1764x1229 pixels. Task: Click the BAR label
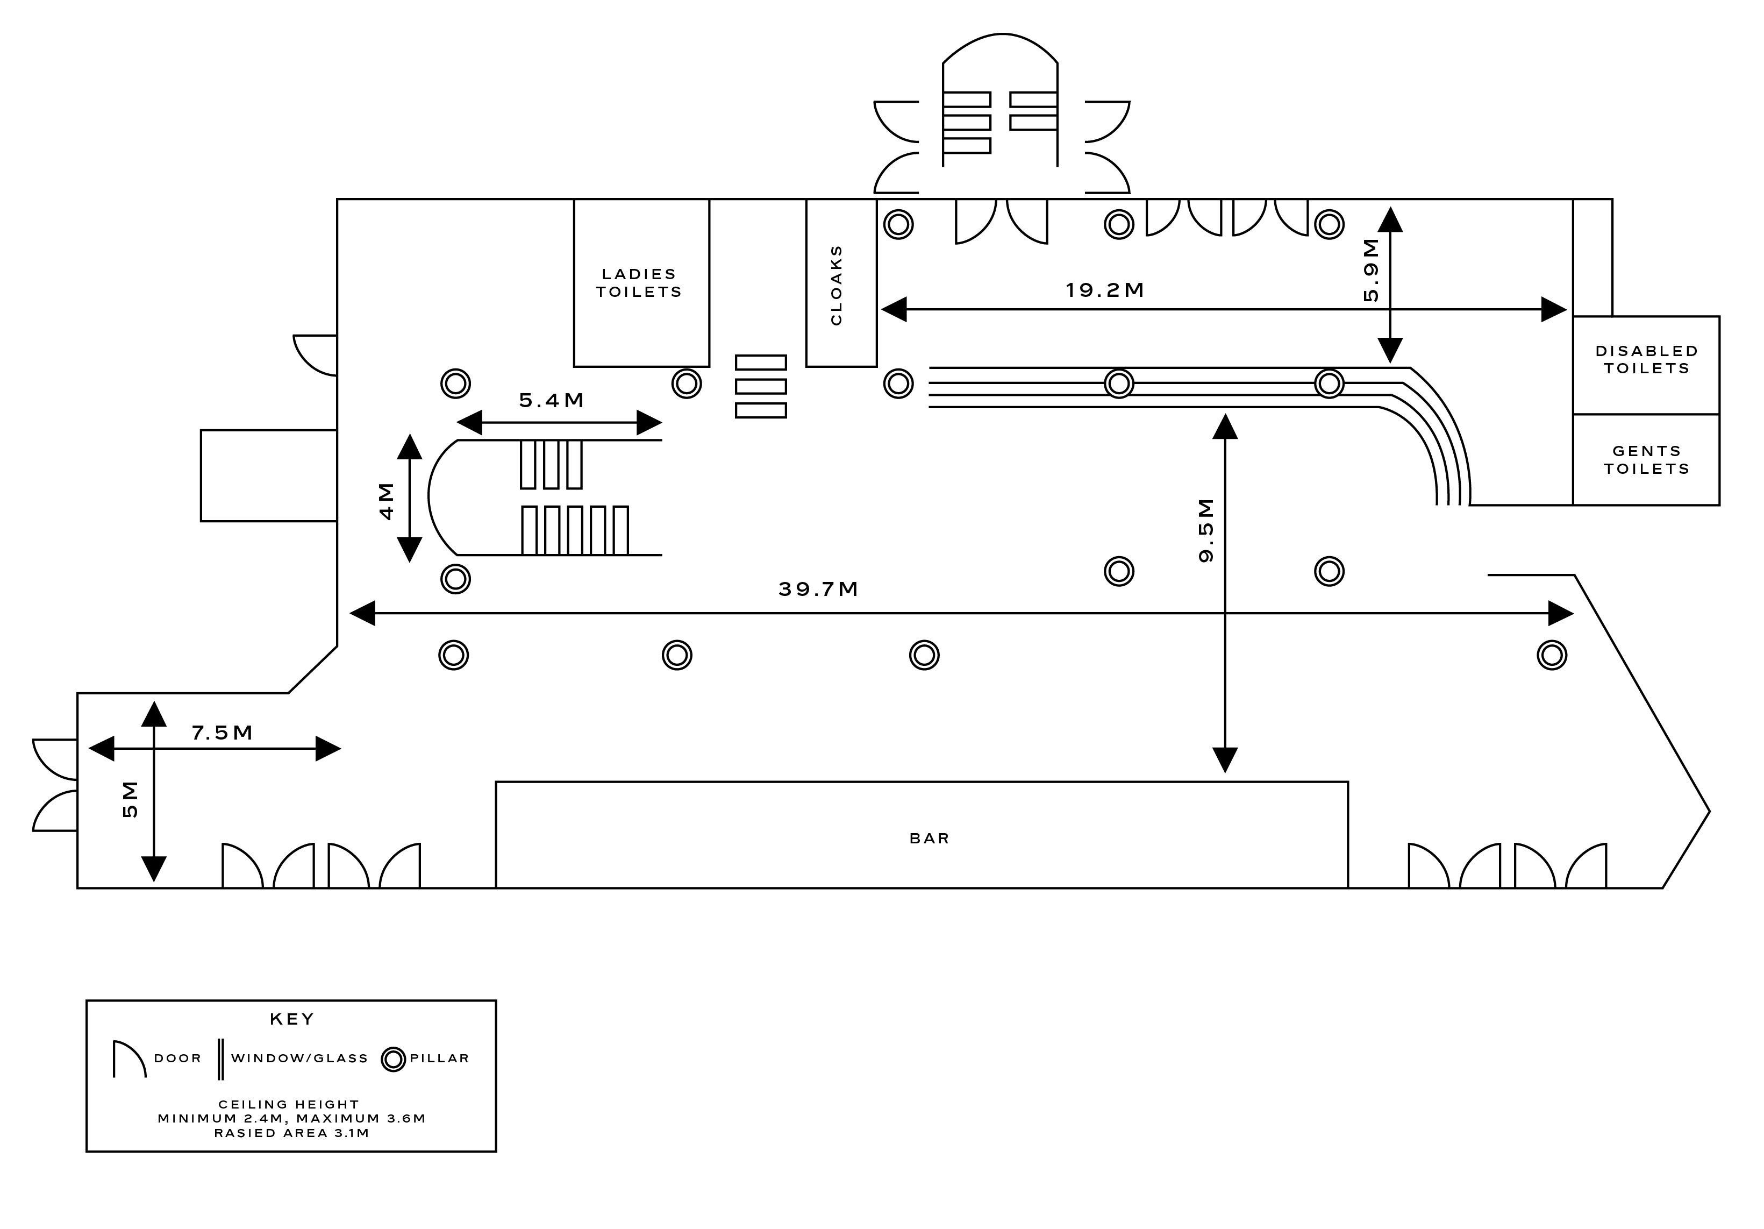[929, 839]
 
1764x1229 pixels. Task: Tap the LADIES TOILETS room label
[639, 283]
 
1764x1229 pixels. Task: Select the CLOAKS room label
[837, 285]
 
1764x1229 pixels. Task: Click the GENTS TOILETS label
[1646, 460]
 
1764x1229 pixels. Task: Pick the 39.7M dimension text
[818, 589]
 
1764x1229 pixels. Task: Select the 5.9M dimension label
[1370, 270]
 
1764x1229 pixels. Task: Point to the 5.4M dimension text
[552, 401]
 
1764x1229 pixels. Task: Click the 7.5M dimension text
[222, 733]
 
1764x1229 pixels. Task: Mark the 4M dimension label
[387, 501]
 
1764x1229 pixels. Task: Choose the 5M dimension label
[131, 799]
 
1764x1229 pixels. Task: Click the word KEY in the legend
[292, 1019]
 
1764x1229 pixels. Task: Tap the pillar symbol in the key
[394, 1059]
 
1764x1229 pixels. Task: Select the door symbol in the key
[127, 1059]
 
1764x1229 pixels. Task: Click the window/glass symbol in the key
[220, 1059]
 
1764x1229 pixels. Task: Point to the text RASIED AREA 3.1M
[292, 1133]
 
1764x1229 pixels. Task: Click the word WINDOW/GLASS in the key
[299, 1058]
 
